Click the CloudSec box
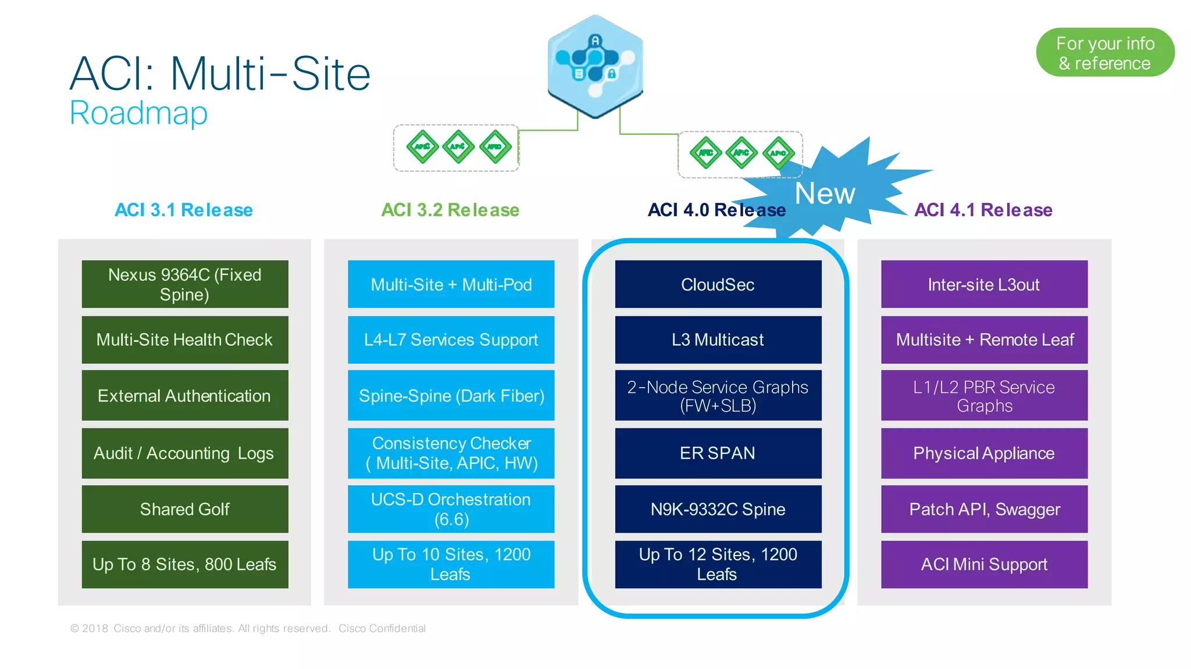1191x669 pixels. coord(718,284)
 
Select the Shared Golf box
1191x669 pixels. coord(185,509)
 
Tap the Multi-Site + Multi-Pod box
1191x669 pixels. coord(451,284)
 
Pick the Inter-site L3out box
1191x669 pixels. coord(984,284)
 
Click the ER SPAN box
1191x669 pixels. coord(718,453)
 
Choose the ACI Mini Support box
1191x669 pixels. coord(984,564)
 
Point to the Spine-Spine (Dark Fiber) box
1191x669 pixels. coord(451,396)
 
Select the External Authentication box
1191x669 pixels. coord(185,396)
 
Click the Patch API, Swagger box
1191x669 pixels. coord(984,509)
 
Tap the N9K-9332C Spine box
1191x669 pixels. coord(718,509)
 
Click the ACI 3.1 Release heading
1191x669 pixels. coord(184,210)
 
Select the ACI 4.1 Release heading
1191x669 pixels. coord(983,210)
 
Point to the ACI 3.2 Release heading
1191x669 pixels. coord(450,210)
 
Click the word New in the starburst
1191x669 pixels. coord(825,194)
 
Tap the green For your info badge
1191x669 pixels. coord(1105,53)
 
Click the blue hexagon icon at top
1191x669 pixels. coord(595,66)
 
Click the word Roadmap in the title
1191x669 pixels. coord(138,113)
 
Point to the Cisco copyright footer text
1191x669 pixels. coord(248,628)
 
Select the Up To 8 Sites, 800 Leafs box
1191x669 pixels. coord(185,564)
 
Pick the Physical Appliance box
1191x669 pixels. coord(984,453)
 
